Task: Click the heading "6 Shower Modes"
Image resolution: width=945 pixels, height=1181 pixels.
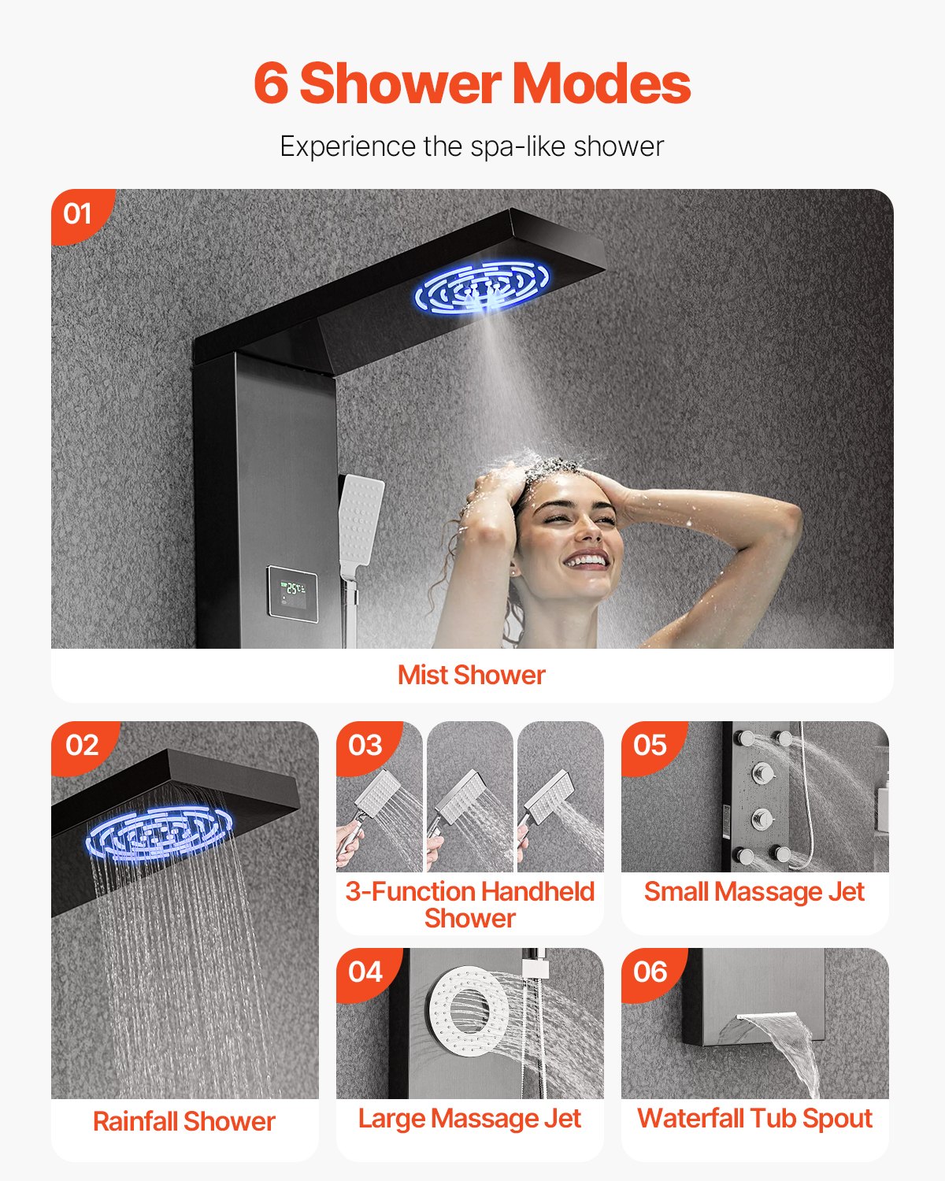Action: (x=472, y=83)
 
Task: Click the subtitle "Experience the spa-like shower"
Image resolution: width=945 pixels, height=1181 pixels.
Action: (x=472, y=146)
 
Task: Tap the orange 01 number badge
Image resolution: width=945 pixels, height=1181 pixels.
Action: (x=77, y=213)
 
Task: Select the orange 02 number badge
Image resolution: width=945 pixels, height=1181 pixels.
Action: (x=82, y=745)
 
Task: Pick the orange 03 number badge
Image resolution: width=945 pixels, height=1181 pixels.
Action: (x=365, y=745)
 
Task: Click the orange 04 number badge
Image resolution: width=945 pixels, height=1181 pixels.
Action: (x=365, y=972)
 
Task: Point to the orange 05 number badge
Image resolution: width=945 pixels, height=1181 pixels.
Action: (x=650, y=745)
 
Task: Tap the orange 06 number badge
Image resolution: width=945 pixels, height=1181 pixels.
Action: (x=650, y=972)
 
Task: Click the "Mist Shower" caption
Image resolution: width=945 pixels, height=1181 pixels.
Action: (x=471, y=675)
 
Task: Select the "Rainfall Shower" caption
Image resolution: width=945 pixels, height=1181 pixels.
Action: (x=184, y=1121)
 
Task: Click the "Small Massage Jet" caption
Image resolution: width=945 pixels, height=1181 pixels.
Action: (x=754, y=891)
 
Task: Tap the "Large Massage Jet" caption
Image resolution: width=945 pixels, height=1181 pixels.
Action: (x=469, y=1118)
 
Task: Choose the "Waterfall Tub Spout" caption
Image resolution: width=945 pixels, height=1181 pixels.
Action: (x=754, y=1118)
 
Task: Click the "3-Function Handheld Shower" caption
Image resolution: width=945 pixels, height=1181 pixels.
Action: (x=469, y=905)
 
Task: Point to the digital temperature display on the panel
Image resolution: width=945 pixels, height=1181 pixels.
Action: (x=292, y=591)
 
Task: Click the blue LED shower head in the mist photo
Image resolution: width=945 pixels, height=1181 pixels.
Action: (x=482, y=287)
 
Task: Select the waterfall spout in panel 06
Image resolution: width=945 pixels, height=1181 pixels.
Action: (x=772, y=1027)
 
